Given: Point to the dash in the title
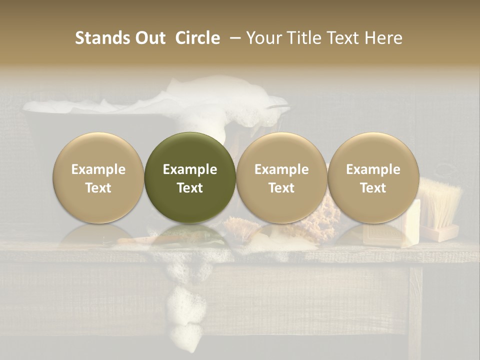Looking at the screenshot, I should pyautogui.click(x=233, y=38).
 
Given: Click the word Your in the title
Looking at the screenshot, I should pyautogui.click(x=263, y=38).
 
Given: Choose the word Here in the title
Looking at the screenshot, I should pyautogui.click(x=382, y=38).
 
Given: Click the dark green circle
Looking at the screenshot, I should pyautogui.click(x=190, y=177).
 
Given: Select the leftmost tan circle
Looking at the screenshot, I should pyautogui.click(x=98, y=177).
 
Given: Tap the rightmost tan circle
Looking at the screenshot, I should pyautogui.click(x=373, y=177).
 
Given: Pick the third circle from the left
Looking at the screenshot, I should pyautogui.click(x=281, y=177).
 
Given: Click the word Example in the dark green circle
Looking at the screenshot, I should pyautogui.click(x=190, y=169).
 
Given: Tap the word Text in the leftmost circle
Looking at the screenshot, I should pyautogui.click(x=98, y=188).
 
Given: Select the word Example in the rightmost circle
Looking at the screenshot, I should pyautogui.click(x=373, y=169).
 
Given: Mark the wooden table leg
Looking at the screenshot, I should pyautogui.click(x=416, y=310).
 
